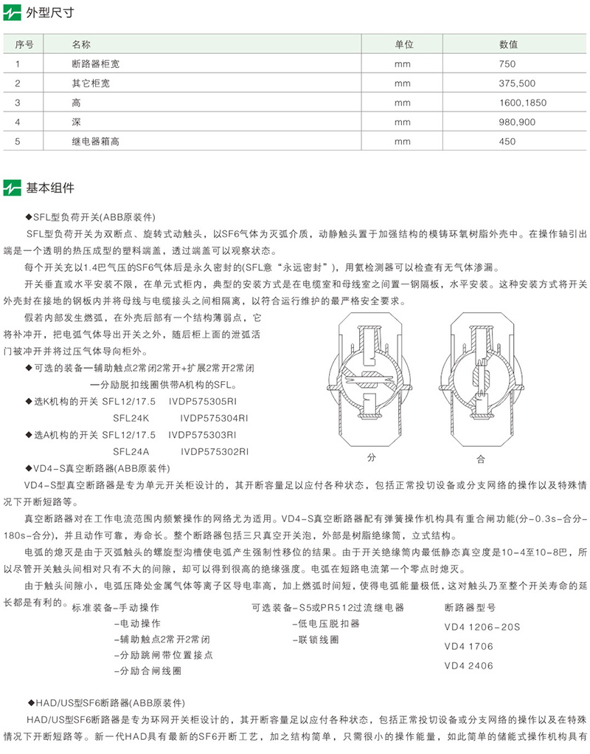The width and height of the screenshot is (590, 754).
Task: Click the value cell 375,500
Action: click(517, 83)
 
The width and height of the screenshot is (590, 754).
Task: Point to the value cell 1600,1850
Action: click(523, 103)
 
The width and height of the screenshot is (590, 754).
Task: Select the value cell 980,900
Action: click(517, 122)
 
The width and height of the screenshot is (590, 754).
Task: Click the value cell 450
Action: click(507, 141)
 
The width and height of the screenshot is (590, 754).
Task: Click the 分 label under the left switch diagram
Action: click(371, 458)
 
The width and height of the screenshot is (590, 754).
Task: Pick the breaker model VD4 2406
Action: click(468, 665)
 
